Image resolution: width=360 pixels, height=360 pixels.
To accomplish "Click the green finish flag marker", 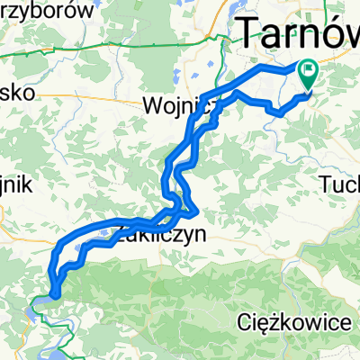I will tap(309, 73).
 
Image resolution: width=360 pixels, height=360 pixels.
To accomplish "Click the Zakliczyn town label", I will tap(162, 236).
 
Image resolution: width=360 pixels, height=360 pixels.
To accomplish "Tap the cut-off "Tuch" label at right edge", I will tap(340, 184).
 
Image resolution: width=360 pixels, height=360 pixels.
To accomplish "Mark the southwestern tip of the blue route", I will tap(54, 292).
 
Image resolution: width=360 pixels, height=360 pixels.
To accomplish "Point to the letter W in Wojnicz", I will tap(152, 107).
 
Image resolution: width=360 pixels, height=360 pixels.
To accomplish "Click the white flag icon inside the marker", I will tap(310, 67).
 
